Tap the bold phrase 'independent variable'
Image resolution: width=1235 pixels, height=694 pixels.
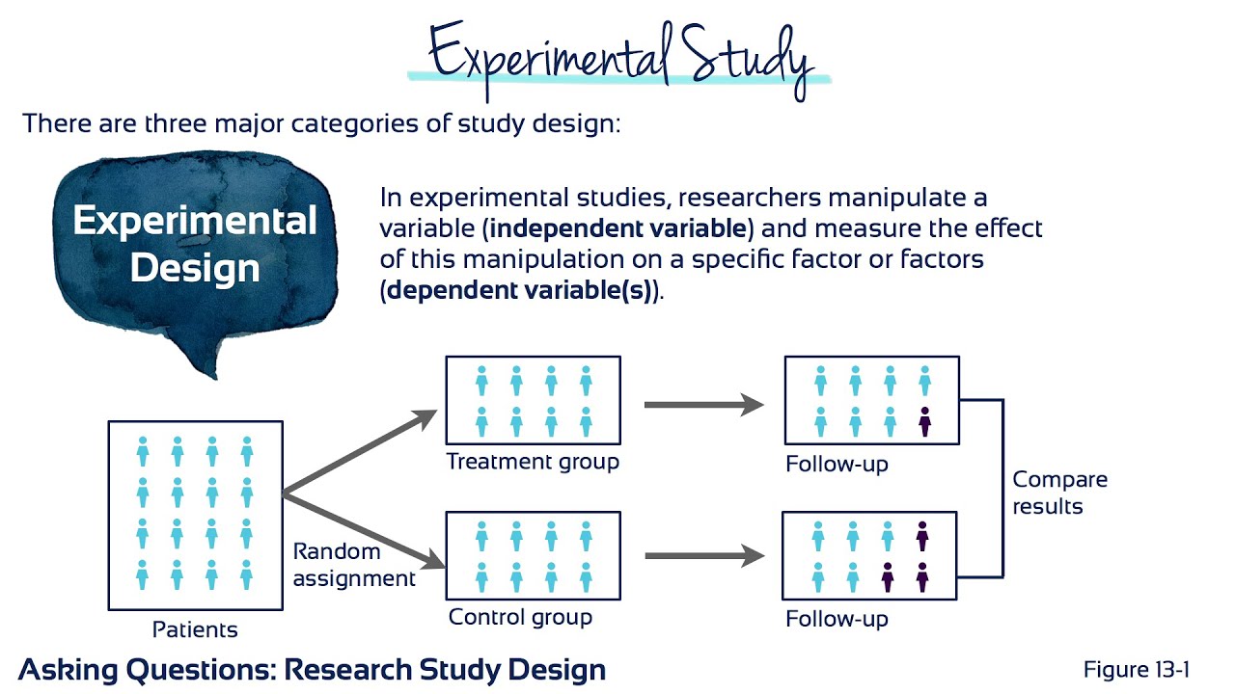(x=617, y=229)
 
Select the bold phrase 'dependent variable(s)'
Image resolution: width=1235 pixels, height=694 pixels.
(x=522, y=291)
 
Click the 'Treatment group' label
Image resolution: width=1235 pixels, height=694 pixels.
(x=533, y=462)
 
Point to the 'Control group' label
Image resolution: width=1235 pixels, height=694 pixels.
(x=520, y=617)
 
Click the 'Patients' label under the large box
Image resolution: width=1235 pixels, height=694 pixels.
(x=195, y=630)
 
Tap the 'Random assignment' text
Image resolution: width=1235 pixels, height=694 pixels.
(x=354, y=565)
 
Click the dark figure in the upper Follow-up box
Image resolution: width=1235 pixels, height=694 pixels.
(x=924, y=421)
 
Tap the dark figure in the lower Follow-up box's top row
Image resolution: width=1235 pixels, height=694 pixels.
(x=922, y=536)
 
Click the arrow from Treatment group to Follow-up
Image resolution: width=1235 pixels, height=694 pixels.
(x=703, y=405)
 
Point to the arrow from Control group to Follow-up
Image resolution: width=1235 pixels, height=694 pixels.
(x=703, y=556)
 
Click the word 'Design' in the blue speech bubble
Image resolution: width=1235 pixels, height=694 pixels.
(x=195, y=267)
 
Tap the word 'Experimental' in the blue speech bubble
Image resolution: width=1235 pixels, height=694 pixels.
(x=195, y=222)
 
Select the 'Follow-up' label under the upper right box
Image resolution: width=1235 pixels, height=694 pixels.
(x=837, y=464)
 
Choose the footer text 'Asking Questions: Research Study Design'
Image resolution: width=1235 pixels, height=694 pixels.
(x=313, y=669)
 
